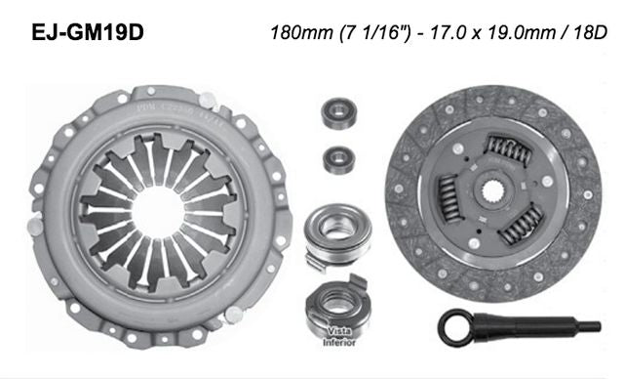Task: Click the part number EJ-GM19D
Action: pyautogui.click(x=86, y=31)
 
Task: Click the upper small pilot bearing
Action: pyautogui.click(x=340, y=113)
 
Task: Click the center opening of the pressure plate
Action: pyautogui.click(x=157, y=209)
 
